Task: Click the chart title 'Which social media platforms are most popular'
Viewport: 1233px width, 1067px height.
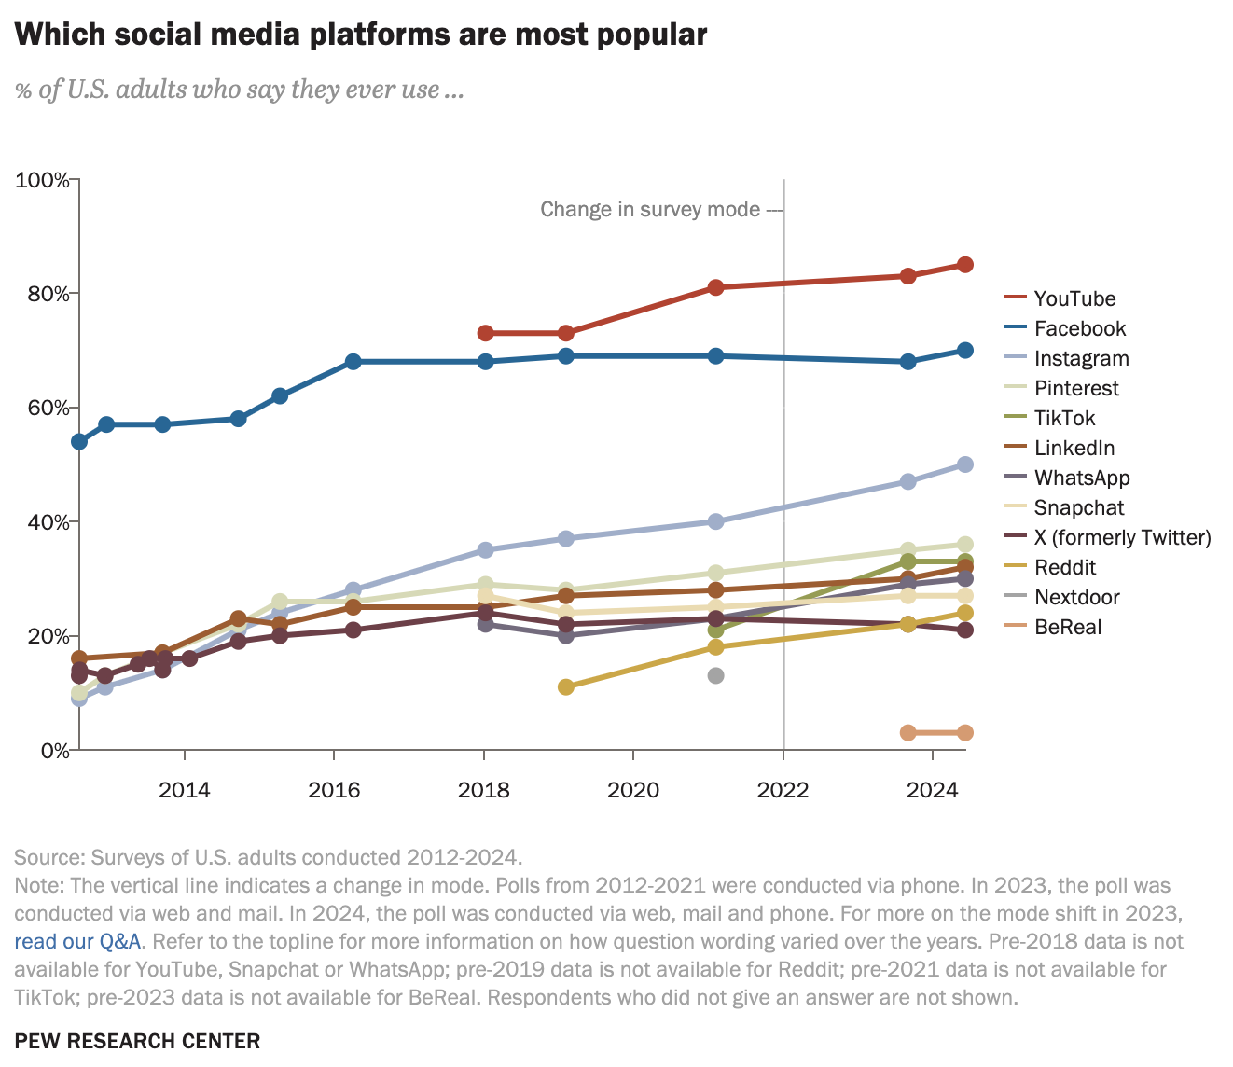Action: click(x=361, y=35)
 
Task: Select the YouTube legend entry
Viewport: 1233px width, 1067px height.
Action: click(x=1074, y=298)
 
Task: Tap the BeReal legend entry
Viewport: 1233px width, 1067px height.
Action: click(x=1068, y=627)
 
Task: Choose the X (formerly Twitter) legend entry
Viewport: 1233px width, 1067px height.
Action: click(x=1122, y=537)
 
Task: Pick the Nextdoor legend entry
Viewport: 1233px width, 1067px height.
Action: click(x=1076, y=597)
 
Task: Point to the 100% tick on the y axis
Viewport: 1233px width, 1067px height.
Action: click(x=43, y=180)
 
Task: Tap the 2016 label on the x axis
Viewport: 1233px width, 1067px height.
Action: click(x=334, y=791)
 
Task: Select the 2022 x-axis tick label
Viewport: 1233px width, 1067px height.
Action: click(x=783, y=791)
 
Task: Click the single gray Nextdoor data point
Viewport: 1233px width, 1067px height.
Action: click(x=715, y=675)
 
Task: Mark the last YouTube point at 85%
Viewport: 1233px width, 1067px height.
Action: click(x=965, y=265)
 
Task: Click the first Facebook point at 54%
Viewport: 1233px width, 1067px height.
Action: click(x=79, y=441)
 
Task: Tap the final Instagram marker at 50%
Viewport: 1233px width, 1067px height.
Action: click(x=965, y=464)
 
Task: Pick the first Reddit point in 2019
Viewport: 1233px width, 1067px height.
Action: click(x=565, y=687)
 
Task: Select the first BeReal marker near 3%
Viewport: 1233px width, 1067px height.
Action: click(x=907, y=733)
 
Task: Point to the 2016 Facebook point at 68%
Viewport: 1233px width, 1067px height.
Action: click(x=353, y=362)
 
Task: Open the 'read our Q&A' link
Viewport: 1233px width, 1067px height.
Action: click(x=77, y=940)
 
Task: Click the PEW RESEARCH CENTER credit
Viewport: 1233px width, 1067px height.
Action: click(x=137, y=1041)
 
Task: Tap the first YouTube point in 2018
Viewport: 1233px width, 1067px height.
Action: click(x=485, y=333)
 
